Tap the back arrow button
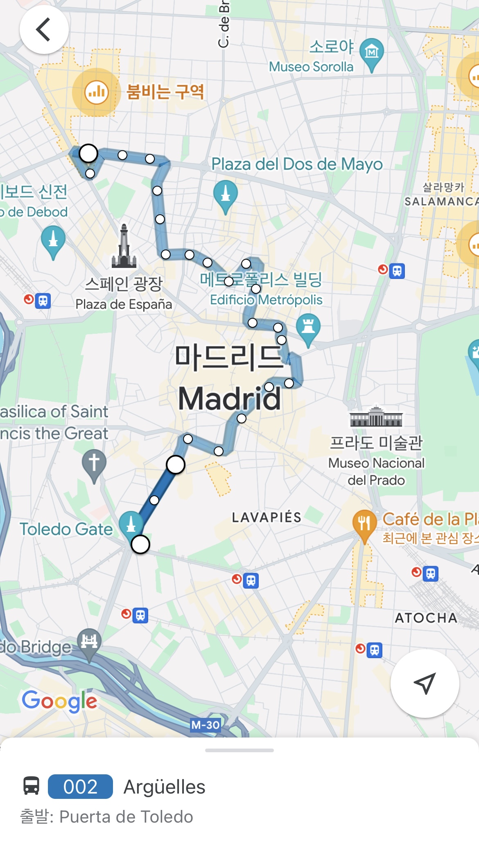click(x=44, y=29)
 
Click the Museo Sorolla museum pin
click(x=371, y=52)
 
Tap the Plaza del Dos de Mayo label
click(x=297, y=164)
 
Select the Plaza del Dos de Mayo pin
click(x=225, y=195)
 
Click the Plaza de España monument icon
click(x=124, y=247)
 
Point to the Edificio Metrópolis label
click(x=266, y=300)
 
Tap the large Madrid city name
click(x=229, y=399)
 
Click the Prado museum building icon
click(x=376, y=417)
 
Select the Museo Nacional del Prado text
click(x=376, y=471)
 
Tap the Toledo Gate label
click(x=66, y=529)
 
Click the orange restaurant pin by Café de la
click(x=364, y=524)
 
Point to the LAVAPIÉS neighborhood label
click(x=267, y=517)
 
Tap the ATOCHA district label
click(x=426, y=618)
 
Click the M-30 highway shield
click(x=206, y=725)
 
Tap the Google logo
click(x=60, y=701)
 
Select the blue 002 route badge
click(x=80, y=787)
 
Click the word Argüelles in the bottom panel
click(x=164, y=787)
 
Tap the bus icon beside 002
click(x=31, y=786)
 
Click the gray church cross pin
click(x=94, y=464)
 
